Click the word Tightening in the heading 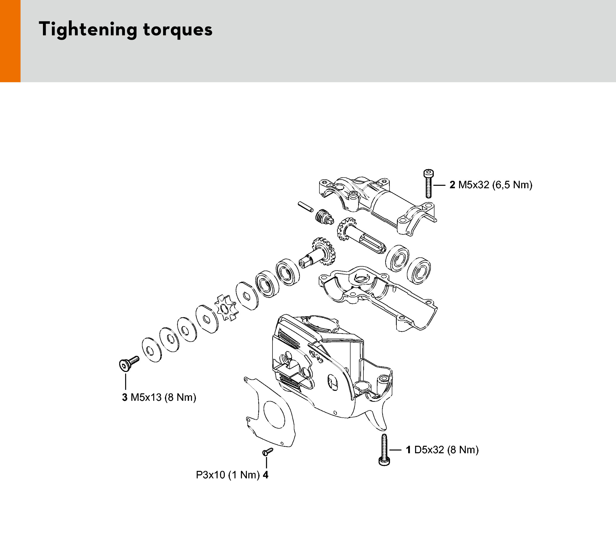pyautogui.click(x=88, y=30)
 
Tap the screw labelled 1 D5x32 pyautogui.click(x=384, y=450)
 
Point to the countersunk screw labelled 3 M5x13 pyautogui.click(x=128, y=363)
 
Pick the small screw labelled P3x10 pyautogui.click(x=267, y=451)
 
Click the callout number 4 pyautogui.click(x=266, y=475)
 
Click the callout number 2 pyautogui.click(x=452, y=185)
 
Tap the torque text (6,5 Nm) pyautogui.click(x=512, y=185)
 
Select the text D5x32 pyautogui.click(x=429, y=450)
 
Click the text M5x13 pyautogui.click(x=146, y=397)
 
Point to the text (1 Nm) pyautogui.click(x=244, y=475)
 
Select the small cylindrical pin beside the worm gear pyautogui.click(x=305, y=206)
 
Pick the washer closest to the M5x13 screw pyautogui.click(x=151, y=350)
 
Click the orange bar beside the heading pyautogui.click(x=10, y=41)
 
